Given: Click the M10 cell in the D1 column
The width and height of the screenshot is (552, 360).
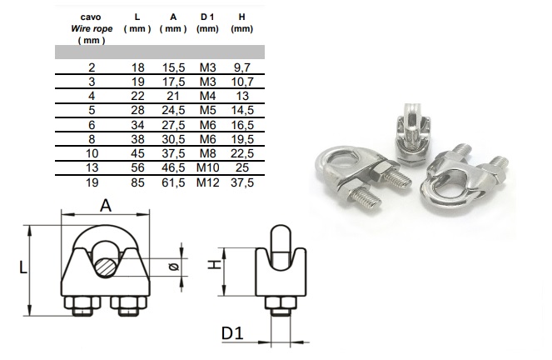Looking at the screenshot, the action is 207,167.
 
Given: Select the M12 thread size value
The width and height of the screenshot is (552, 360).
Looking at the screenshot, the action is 207,182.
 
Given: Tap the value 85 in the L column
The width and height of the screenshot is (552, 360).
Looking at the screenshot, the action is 137,182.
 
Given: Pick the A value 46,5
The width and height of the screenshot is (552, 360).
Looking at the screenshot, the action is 173,167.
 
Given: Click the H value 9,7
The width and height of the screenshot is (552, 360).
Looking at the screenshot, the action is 242,67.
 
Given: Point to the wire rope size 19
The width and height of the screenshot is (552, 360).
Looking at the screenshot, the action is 92,182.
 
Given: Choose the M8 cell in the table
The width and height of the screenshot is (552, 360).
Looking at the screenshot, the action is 207,153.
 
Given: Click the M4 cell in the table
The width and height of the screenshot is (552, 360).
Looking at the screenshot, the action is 207,96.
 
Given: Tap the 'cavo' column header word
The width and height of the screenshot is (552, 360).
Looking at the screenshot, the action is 91,17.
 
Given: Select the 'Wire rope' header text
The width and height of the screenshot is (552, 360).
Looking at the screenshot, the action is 92,28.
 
